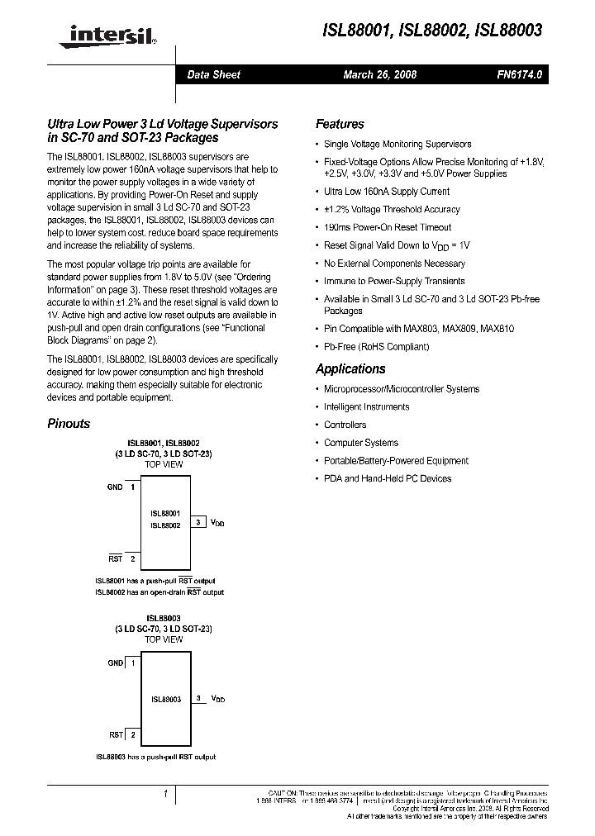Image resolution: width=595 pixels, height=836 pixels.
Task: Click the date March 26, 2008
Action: [379, 75]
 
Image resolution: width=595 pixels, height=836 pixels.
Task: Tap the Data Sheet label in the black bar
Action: [213, 75]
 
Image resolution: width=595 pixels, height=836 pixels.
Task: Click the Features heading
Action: [340, 124]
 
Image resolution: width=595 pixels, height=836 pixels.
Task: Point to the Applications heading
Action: [350, 369]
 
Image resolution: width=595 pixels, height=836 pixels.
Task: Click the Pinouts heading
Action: [69, 424]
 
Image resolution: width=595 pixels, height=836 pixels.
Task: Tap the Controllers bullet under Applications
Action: [345, 425]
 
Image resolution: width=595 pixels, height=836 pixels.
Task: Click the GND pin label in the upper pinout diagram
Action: [115, 487]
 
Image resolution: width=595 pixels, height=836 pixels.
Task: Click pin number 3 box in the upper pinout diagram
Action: [199, 522]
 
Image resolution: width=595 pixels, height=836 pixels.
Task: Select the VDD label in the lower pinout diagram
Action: [218, 699]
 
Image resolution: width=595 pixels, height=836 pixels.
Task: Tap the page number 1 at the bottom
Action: [165, 794]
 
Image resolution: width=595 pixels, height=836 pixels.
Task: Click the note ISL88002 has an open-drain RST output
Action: [159, 592]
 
